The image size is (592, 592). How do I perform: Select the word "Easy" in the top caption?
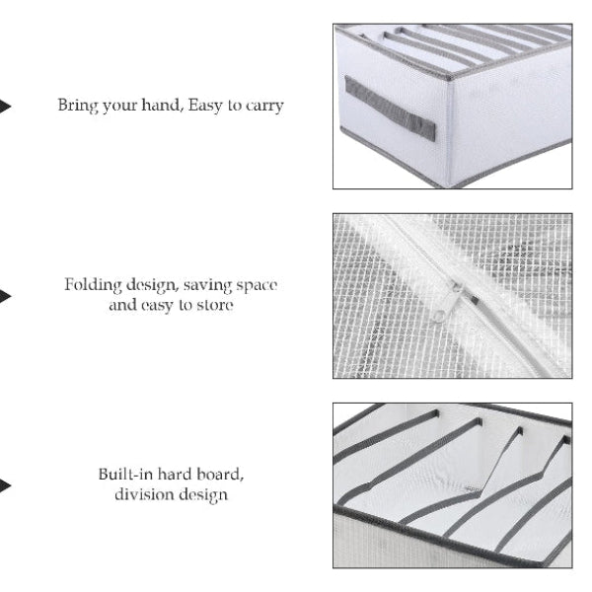[x=205, y=106]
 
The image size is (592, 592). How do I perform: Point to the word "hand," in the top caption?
[x=163, y=105]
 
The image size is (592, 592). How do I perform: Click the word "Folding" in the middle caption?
[x=93, y=285]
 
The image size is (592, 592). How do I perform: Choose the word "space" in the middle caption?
[x=258, y=286]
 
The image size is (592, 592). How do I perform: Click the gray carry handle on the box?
[x=390, y=109]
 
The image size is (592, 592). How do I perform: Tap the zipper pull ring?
[x=439, y=315]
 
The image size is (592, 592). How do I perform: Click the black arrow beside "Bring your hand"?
[x=5, y=107]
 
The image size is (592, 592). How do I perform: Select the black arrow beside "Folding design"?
[x=5, y=296]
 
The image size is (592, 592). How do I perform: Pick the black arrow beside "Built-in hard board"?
[x=5, y=485]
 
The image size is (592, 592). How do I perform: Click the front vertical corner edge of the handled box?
[x=450, y=132]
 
